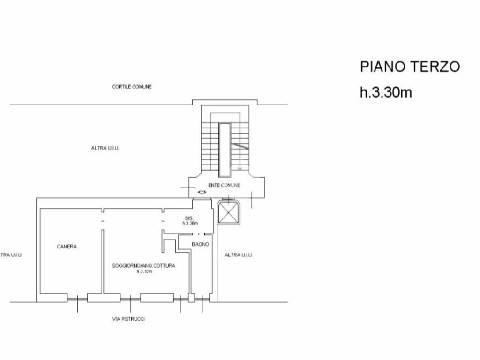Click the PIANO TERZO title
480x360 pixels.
click(410, 67)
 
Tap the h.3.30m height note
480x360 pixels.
click(386, 92)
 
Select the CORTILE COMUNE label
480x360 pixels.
click(132, 87)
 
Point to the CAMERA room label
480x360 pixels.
click(67, 247)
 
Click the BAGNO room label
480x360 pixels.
click(201, 244)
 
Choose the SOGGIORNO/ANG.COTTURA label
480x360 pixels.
click(144, 266)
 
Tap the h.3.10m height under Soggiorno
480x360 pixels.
click(144, 271)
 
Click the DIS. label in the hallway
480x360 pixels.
click(189, 218)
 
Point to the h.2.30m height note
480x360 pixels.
click(190, 223)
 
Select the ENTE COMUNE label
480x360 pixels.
click(224, 185)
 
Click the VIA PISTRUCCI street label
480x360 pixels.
click(128, 319)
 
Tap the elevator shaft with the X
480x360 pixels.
click(229, 213)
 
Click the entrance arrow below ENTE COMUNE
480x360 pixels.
click(202, 192)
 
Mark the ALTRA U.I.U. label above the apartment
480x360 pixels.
click(105, 148)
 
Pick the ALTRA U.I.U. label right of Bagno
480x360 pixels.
click(239, 255)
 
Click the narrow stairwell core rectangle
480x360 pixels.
click(225, 150)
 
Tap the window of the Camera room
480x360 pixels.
click(77, 299)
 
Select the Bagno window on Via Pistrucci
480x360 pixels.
click(202, 299)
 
